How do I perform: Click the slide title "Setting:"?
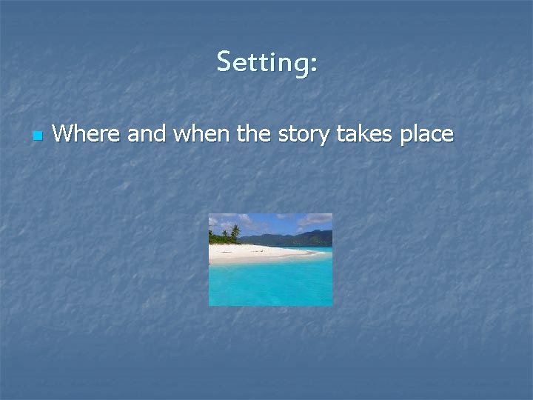click(267, 62)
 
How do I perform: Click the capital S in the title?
click(224, 62)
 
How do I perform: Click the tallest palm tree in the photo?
click(235, 230)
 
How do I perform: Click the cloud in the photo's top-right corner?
click(317, 219)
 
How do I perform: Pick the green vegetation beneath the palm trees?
click(222, 239)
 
